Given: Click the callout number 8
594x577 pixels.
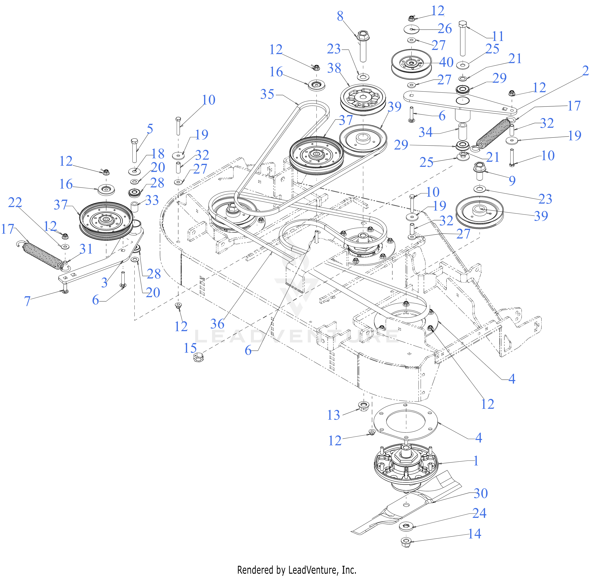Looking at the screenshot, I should (340, 16).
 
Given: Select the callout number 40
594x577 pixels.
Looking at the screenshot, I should (446, 62).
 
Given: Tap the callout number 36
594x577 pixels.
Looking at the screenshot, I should (217, 324).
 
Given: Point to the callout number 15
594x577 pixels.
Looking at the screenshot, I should (190, 348).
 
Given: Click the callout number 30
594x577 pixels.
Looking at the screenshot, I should (481, 493).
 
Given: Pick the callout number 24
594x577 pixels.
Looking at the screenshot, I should (479, 513).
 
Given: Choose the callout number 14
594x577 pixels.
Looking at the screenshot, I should (474, 534).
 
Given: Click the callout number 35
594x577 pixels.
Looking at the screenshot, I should (267, 94).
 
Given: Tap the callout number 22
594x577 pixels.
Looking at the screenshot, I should (15, 202).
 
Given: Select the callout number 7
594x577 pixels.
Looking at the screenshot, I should (27, 301).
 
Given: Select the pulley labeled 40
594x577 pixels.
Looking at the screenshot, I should (411, 64).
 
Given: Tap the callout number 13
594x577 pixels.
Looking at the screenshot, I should (334, 415).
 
